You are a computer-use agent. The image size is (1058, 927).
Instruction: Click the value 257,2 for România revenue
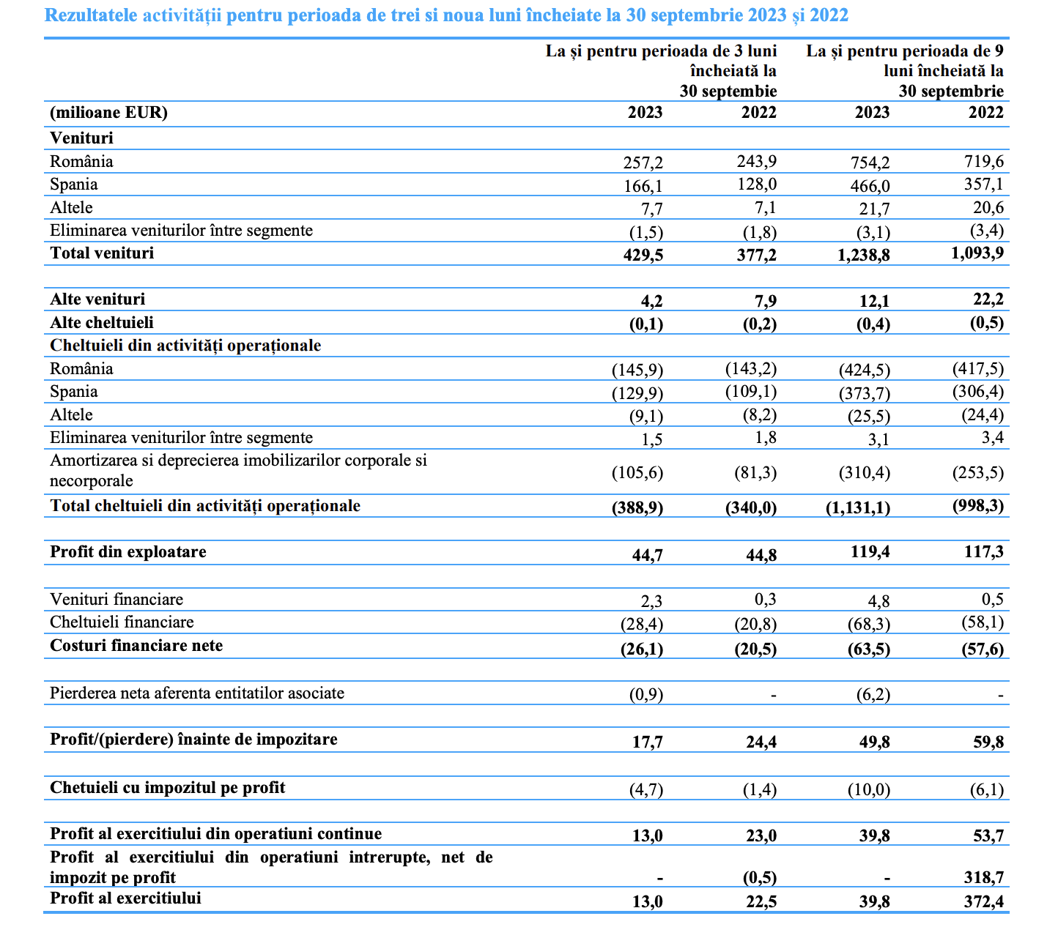(x=643, y=163)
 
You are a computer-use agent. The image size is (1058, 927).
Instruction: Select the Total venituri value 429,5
(x=643, y=255)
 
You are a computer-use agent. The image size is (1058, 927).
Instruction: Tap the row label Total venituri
(x=102, y=253)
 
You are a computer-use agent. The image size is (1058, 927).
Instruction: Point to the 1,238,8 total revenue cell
(x=864, y=255)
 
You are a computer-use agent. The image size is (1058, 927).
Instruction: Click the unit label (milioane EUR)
(x=108, y=112)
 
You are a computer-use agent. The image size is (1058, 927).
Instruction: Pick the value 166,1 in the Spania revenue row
(x=643, y=186)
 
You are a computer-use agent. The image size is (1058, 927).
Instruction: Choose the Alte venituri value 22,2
(x=988, y=299)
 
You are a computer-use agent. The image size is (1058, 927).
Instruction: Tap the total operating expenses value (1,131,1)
(x=858, y=507)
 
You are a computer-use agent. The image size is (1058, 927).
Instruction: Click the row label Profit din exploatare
(x=128, y=551)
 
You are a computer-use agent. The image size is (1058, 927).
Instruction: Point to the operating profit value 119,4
(x=870, y=551)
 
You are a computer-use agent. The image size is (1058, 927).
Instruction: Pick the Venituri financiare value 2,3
(x=651, y=601)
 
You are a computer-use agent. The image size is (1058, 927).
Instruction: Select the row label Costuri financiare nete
(x=136, y=646)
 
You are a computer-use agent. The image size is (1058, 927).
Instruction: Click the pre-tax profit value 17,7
(x=648, y=742)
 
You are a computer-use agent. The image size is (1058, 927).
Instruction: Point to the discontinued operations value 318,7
(x=984, y=877)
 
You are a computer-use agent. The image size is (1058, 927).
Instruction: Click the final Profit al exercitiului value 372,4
(x=984, y=901)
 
